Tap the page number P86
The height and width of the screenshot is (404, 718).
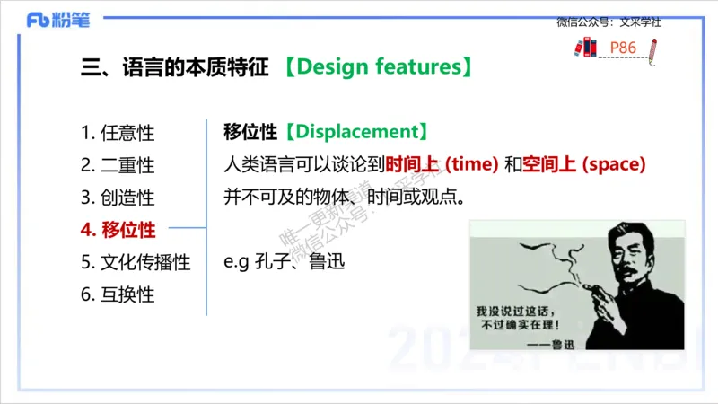pos(623,48)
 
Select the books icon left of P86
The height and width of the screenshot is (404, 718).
pos(584,48)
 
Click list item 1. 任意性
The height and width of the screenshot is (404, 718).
pos(118,133)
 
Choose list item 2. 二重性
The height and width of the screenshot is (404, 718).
pos(118,165)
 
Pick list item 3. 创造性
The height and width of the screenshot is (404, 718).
pos(118,198)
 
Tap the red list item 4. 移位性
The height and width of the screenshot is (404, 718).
pos(118,230)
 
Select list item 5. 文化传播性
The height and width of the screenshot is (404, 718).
pos(136,262)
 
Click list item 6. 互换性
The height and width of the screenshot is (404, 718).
pos(118,294)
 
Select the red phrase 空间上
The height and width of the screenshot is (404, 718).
pos(550,164)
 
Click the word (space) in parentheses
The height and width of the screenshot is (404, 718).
pos(614,164)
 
